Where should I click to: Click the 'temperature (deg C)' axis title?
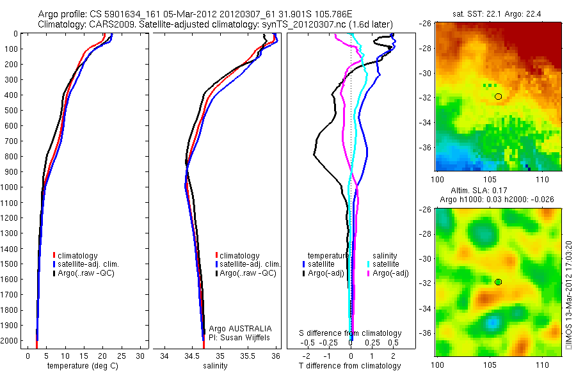(x=80, y=366)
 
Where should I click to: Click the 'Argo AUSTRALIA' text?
(x=236, y=328)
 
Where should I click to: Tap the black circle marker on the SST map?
(x=499, y=97)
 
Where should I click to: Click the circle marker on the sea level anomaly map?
(x=499, y=282)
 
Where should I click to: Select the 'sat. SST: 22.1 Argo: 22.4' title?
(x=490, y=13)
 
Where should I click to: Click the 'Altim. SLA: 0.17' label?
(x=490, y=191)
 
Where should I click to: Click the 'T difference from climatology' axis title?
(x=349, y=366)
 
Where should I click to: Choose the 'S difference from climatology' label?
(x=351, y=333)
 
